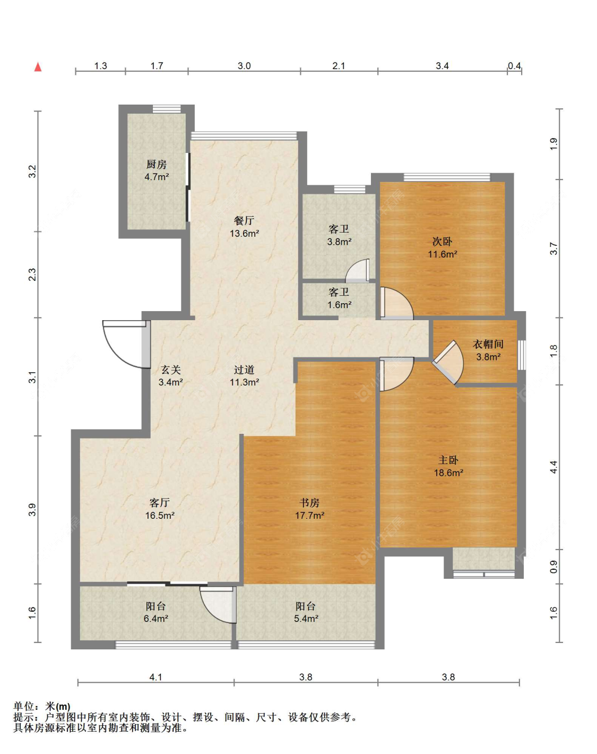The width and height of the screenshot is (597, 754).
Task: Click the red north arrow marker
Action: pos(38,67)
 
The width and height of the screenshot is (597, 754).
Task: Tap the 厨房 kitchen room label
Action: pos(156,164)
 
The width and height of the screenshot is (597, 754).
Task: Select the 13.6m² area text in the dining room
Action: pos(244,233)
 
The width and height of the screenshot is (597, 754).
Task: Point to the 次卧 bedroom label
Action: pos(442,242)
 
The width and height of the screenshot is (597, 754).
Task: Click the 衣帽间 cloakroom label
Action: pos(488,344)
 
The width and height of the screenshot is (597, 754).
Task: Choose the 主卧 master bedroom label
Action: pos(448,460)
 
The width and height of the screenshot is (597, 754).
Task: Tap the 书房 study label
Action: pos(309,503)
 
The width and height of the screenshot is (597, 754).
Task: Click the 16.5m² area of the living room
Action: pos(160,516)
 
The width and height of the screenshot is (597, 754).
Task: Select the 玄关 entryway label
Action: pos(170,369)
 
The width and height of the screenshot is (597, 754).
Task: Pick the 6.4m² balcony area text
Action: pos(156,619)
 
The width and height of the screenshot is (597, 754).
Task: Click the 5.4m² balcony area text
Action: pos(306,619)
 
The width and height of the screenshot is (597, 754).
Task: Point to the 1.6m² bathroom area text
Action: pos(339,305)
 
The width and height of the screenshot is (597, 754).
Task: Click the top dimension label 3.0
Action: pos(244,66)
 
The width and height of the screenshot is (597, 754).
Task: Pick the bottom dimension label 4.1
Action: pos(156,677)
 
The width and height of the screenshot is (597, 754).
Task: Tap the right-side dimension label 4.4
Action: pos(553,467)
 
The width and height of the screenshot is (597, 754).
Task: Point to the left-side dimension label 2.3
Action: pos(32,275)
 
